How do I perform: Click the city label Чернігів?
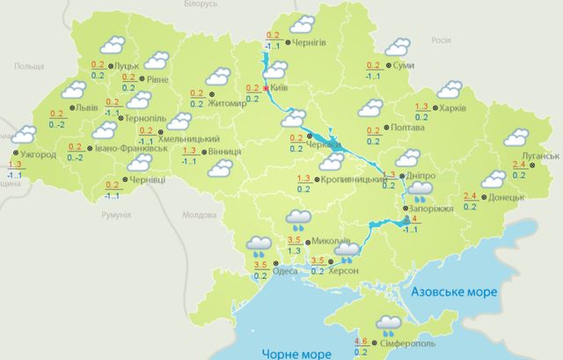click(311, 42)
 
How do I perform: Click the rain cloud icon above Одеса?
click(259, 244)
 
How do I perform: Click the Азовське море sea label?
click(454, 290)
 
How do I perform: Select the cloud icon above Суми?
click(398, 47)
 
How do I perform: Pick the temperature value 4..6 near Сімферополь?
click(361, 341)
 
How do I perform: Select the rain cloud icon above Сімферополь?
click(388, 327)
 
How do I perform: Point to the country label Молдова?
click(197, 215)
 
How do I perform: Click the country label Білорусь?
click(197, 5)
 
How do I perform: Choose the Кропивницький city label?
click(351, 179)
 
